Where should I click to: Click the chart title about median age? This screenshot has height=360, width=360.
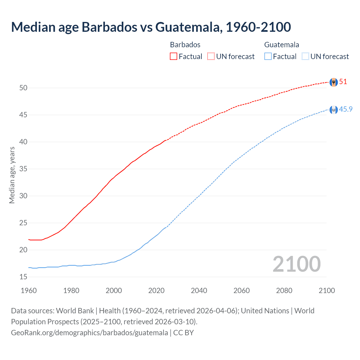[x=151, y=27]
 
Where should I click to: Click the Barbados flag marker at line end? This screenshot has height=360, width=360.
[x=334, y=82]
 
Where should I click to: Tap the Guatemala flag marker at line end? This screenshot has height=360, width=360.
[x=334, y=110]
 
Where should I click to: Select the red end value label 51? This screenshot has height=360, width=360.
[x=343, y=82]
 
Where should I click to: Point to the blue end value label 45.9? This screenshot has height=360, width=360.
[x=346, y=109]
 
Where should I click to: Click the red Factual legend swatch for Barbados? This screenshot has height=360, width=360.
[x=174, y=57]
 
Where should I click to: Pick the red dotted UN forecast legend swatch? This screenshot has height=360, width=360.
[x=211, y=57]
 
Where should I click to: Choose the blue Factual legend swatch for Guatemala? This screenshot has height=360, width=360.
[x=268, y=57]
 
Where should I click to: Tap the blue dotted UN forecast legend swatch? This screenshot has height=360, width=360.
[x=305, y=57]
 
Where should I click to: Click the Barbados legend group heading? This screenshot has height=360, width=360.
[x=185, y=45]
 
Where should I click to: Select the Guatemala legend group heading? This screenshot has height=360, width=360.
[x=282, y=45]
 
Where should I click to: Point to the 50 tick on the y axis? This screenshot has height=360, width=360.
[x=23, y=88]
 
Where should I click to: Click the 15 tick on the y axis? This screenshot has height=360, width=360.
[x=23, y=277]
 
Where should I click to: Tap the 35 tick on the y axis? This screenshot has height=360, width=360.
[x=23, y=169]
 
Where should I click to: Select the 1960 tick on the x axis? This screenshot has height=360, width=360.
[x=29, y=291]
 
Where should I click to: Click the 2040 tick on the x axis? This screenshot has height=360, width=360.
[x=199, y=291]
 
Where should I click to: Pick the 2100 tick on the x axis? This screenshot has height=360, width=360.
[x=327, y=291]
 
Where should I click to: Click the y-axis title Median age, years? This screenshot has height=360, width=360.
[x=12, y=175]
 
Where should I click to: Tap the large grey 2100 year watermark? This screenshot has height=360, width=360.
[x=296, y=264]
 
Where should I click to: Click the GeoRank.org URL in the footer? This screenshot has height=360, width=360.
[x=89, y=333]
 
